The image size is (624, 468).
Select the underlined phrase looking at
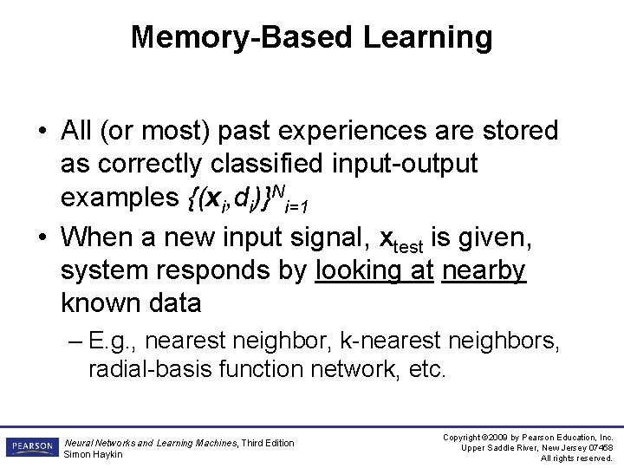pos(374,270)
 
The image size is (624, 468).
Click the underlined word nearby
pos(484,270)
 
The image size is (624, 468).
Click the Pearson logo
pos(31,447)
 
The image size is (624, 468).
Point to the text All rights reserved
pos(576,458)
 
